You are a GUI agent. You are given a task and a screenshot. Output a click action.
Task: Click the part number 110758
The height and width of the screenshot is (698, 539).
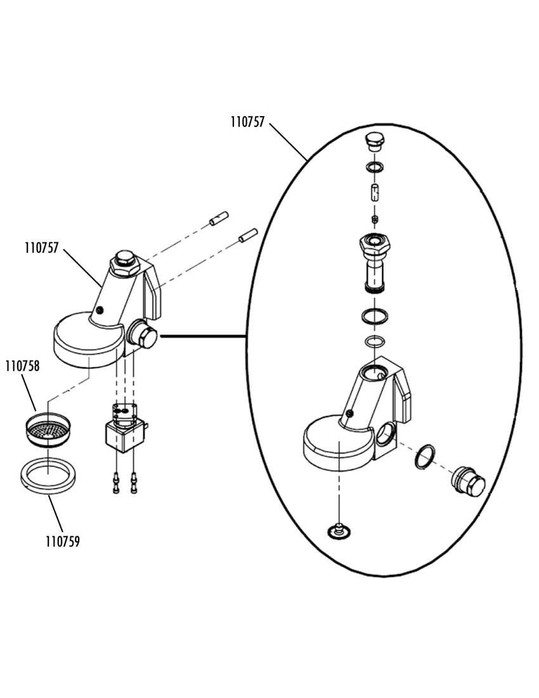click(x=22, y=366)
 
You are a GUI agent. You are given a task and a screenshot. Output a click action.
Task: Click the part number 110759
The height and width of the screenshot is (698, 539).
click(x=63, y=542)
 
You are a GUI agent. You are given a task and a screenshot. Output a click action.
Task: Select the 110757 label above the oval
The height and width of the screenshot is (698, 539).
click(x=247, y=122)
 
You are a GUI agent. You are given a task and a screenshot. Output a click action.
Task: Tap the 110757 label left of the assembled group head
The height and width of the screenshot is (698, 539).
click(x=41, y=248)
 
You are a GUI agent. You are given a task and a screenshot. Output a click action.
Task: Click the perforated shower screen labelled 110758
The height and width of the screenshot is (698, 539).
click(x=48, y=430)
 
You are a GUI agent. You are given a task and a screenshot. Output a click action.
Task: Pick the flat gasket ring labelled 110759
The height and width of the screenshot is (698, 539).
click(x=48, y=476)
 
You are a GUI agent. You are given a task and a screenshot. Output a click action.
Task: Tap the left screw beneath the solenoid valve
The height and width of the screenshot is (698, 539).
click(x=116, y=482)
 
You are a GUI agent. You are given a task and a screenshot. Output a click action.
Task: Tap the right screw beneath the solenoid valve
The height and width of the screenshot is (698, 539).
click(x=133, y=482)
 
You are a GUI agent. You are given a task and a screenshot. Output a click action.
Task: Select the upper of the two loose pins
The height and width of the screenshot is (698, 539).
click(x=219, y=218)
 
